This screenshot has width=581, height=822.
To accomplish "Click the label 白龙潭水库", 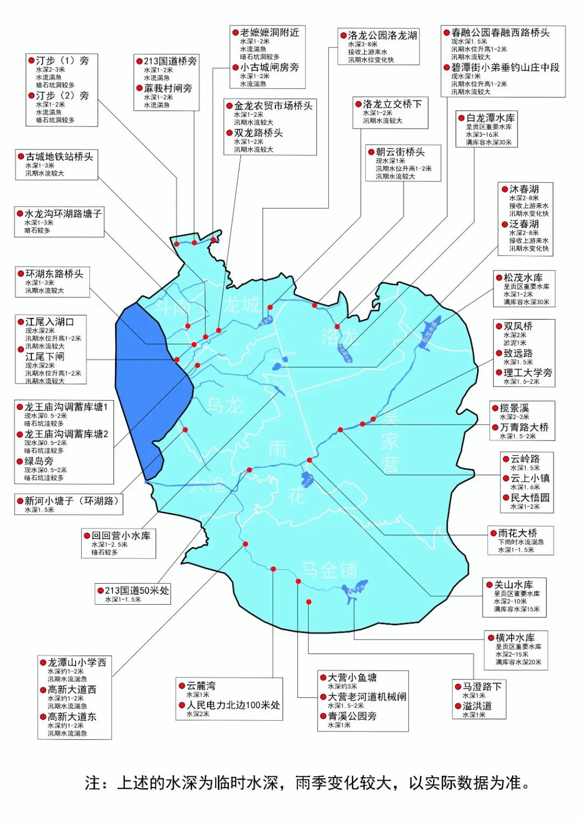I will pos(490,118).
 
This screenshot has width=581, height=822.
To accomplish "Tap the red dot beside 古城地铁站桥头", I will pos(21,157).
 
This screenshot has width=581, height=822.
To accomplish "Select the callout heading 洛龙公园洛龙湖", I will pos(382,36).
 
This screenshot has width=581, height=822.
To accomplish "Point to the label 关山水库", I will pos(513,585).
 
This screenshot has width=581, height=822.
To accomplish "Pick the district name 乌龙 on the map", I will pos(225,405).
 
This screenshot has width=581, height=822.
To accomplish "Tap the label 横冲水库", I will pos(515,637).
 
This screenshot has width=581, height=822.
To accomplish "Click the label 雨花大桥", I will pos(518,533).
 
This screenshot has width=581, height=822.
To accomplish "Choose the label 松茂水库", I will pos(523,278).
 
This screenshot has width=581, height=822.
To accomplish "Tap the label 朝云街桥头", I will pos(400,152).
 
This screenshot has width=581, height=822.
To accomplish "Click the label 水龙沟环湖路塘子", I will pos(63,214).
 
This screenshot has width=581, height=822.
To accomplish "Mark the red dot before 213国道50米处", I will pos(101,591).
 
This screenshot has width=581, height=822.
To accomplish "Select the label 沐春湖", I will pos(523,189).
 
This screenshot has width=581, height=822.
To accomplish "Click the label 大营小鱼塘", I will pos(352,678).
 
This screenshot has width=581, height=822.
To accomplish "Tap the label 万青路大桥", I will pos(524,427).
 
